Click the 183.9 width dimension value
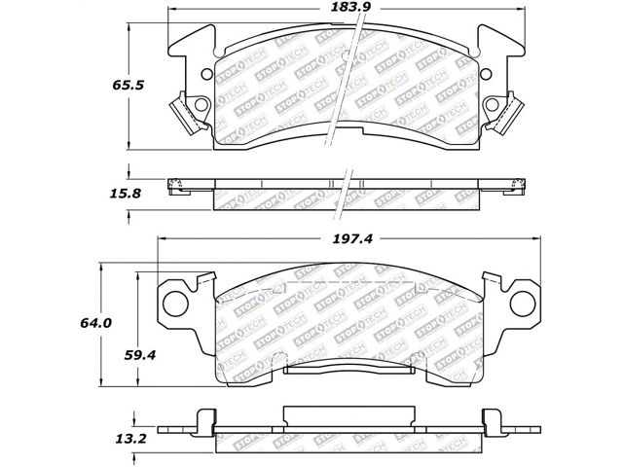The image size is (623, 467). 347,7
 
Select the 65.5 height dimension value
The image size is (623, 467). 128,85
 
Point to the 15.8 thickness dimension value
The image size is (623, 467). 126,194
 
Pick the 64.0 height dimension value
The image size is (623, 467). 95,323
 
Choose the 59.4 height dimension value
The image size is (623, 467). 140,354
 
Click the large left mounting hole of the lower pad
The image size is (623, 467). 175,304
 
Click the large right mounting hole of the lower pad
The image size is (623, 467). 523,304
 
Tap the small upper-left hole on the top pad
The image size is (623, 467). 207,74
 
